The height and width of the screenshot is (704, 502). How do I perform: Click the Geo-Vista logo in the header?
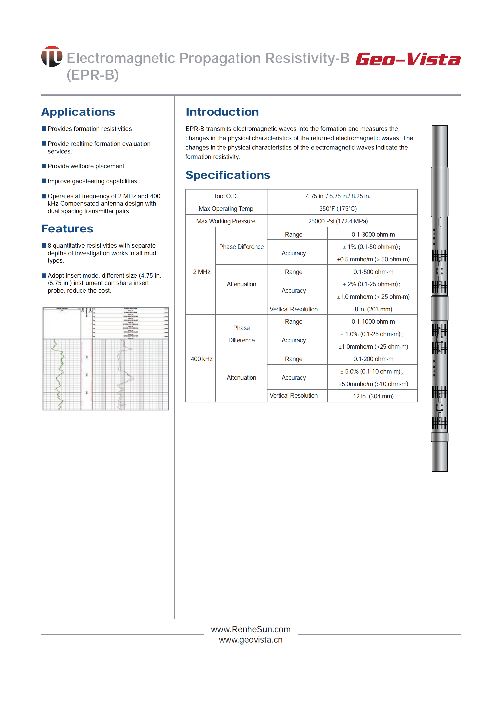tap(408, 59)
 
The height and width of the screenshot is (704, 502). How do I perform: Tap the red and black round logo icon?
tap(52, 56)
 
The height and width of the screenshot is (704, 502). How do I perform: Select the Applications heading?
tap(78, 112)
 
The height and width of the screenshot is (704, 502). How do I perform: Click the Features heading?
tap(67, 229)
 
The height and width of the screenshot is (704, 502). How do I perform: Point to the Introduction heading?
tap(222, 112)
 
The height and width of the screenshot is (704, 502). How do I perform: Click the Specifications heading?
tap(228, 175)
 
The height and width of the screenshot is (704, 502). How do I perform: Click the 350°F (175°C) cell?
tap(338, 209)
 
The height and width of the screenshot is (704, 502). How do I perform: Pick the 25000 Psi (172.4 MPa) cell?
tap(338, 221)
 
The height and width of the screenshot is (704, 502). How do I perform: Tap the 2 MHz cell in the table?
tap(201, 272)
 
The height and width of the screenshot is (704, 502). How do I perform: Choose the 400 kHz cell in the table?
tap(201, 359)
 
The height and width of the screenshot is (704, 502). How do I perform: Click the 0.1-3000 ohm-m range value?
tap(373, 234)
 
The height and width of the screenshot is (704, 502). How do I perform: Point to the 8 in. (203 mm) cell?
tap(373, 309)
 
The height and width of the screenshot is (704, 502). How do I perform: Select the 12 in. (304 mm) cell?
tap(373, 396)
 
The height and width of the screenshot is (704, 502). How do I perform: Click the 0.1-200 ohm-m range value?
tap(373, 359)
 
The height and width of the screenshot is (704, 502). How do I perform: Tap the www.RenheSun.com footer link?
tap(251, 629)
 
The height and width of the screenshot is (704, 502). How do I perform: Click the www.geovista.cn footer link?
tap(251, 640)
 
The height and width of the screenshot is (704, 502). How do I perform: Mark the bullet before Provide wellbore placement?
tap(44, 166)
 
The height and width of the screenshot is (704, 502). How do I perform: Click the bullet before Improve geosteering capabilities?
tap(44, 181)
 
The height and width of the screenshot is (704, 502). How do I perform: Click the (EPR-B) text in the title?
tap(93, 75)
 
